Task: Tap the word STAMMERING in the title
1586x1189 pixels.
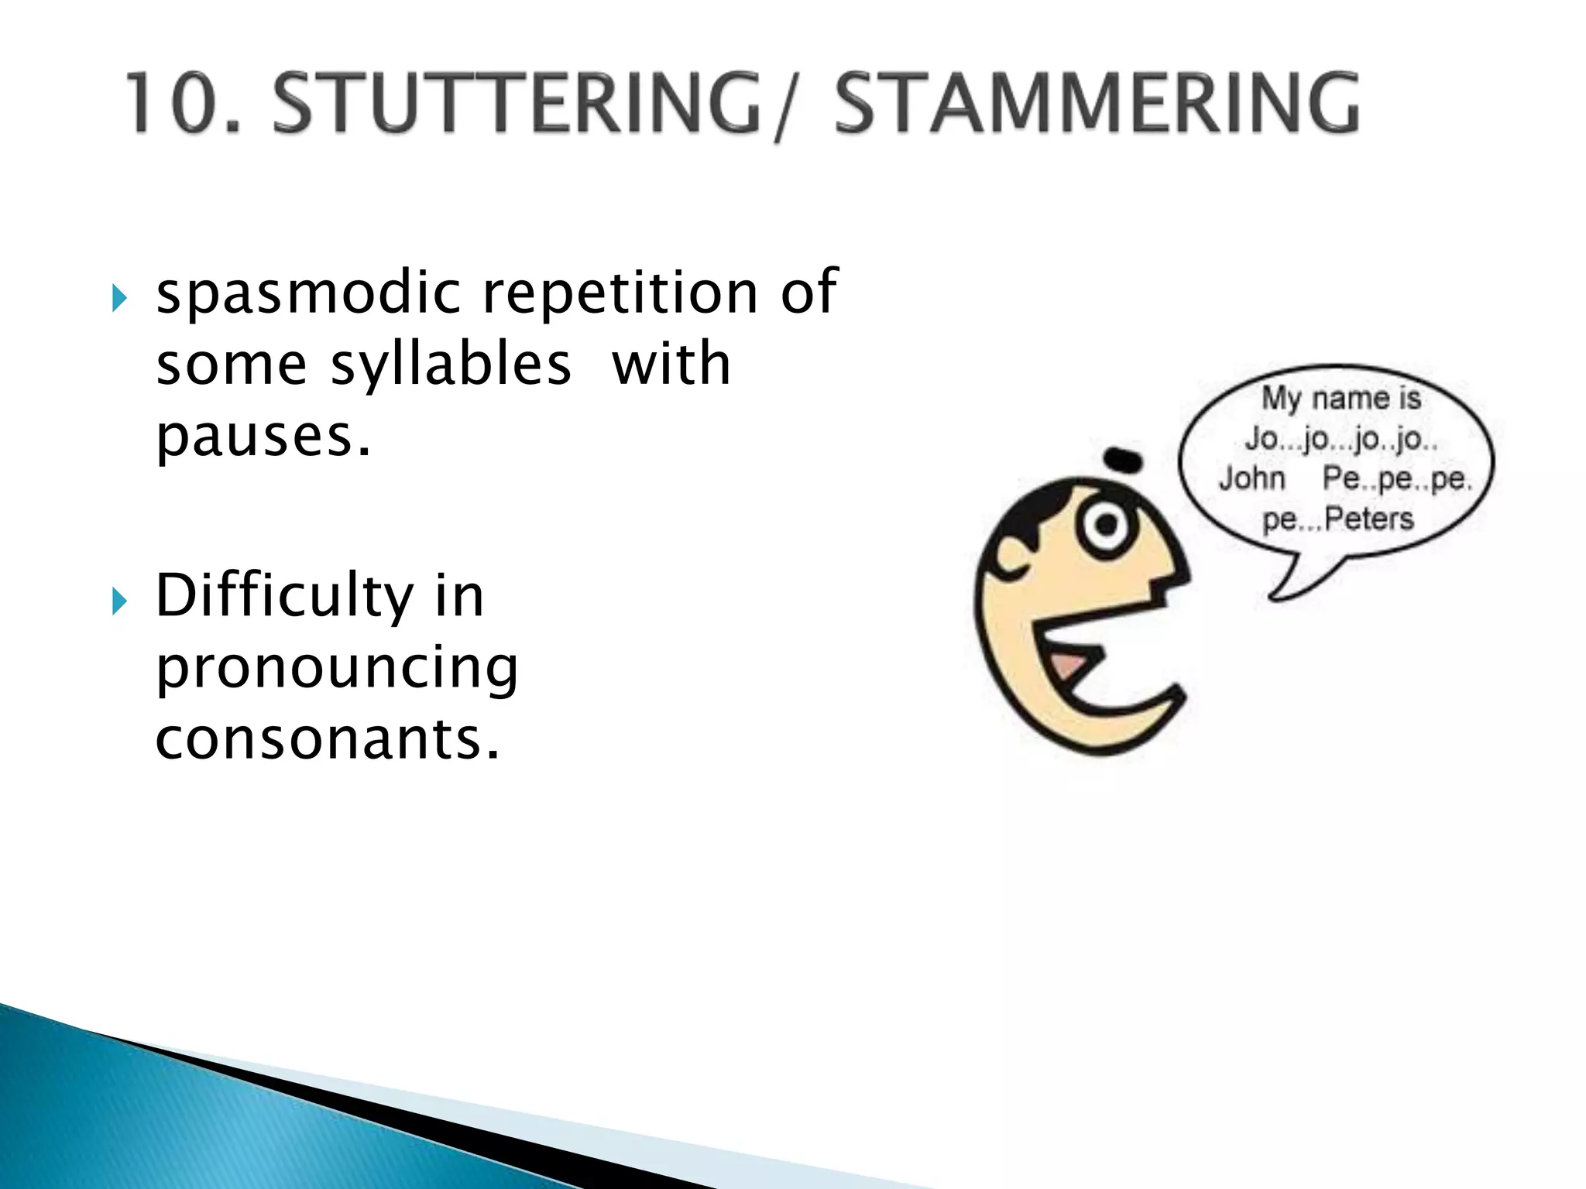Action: click(1096, 102)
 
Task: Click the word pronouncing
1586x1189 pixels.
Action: click(337, 669)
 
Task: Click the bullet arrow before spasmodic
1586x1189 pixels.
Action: click(118, 297)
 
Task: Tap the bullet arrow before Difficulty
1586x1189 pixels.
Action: click(118, 600)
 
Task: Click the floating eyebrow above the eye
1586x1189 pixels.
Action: click(1124, 460)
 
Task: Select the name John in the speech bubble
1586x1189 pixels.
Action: click(1251, 479)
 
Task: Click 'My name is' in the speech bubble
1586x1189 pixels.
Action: click(1341, 399)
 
